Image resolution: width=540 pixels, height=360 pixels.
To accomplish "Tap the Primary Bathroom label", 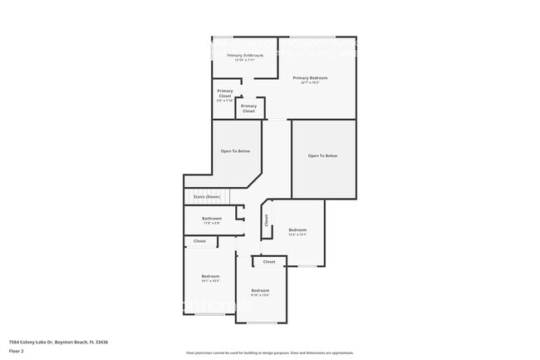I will click(245, 55).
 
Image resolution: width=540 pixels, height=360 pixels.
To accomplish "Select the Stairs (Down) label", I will click(206, 197).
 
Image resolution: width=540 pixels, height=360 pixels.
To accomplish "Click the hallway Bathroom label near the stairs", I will click(212, 219).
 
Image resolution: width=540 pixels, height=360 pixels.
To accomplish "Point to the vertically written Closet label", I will click(267, 220).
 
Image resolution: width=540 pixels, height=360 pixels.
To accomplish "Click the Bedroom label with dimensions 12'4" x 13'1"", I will click(297, 229).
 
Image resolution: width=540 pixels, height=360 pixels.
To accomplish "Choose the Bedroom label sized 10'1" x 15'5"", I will click(210, 276).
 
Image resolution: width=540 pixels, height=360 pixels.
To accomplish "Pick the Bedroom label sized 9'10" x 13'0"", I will click(260, 290).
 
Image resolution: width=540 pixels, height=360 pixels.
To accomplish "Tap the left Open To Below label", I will click(235, 151).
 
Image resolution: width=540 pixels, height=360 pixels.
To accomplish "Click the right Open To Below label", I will click(322, 155).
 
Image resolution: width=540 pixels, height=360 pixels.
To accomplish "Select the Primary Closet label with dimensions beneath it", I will click(224, 93).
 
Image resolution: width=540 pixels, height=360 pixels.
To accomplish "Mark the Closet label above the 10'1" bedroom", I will click(199, 241).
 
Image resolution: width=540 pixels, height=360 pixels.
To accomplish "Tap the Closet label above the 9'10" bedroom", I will click(269, 261).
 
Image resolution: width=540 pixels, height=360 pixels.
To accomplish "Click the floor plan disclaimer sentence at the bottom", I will click(270, 353).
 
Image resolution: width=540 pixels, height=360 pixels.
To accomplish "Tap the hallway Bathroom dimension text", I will click(212, 224).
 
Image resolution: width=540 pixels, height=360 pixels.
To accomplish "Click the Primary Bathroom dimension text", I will click(245, 60).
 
